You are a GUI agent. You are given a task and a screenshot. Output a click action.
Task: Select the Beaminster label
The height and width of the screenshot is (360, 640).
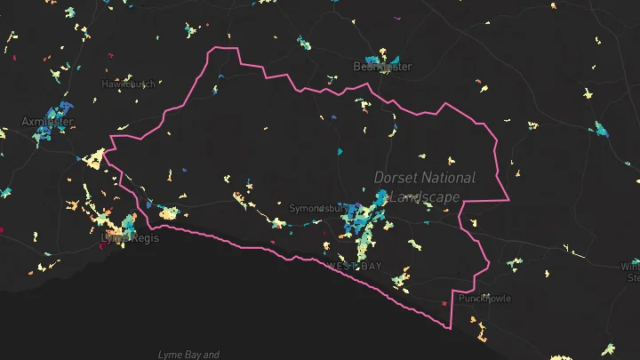coord(383,67)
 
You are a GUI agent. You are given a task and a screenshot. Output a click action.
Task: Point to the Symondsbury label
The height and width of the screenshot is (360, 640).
coord(318,208)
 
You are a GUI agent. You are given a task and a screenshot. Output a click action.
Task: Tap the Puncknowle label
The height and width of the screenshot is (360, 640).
coord(484,299)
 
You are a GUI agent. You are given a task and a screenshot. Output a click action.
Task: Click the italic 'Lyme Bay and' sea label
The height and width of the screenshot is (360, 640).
coord(188,355)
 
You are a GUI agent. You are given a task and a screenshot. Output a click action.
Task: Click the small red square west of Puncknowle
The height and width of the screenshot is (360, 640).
coord(444,303)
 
